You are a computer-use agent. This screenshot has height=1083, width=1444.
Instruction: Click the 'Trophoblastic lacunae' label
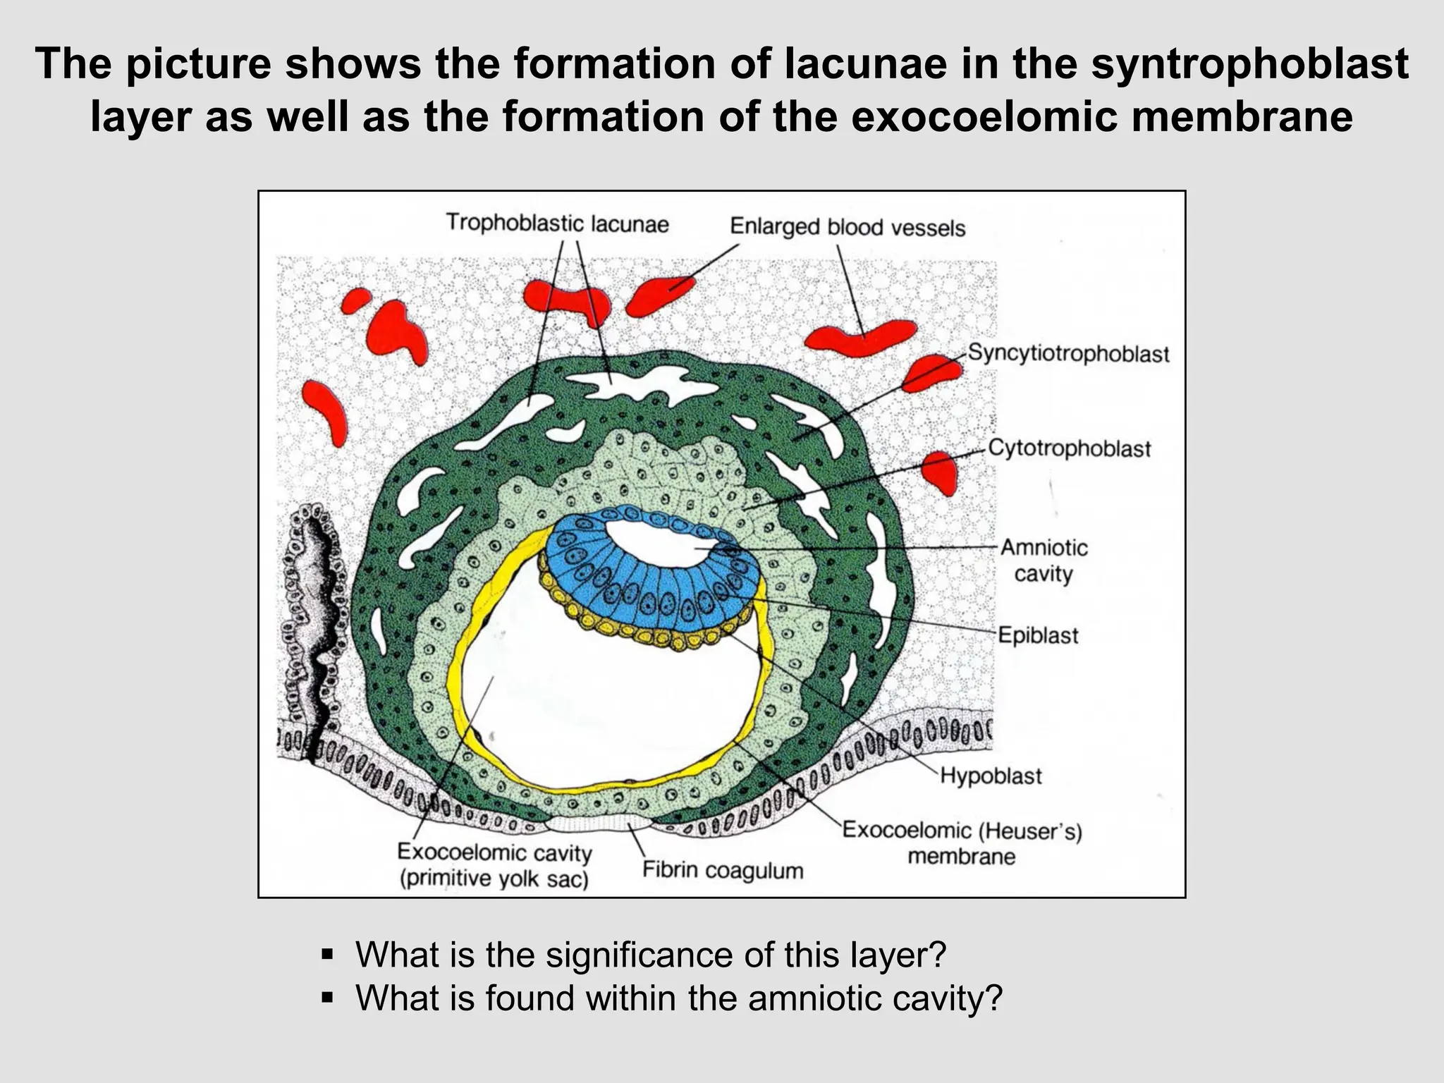point(557,224)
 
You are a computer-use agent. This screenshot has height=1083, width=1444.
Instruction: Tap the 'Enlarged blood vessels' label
point(847,227)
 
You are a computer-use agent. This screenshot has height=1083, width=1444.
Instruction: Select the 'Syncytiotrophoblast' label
point(1067,353)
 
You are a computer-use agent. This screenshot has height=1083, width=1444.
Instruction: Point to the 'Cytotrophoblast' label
point(1069,448)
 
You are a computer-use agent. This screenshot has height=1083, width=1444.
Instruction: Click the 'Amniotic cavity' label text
point(1044,561)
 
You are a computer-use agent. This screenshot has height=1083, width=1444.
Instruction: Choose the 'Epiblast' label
point(1038,635)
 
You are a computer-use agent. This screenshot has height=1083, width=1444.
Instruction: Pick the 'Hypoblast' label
point(991,776)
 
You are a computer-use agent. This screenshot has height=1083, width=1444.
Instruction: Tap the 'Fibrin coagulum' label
point(722,870)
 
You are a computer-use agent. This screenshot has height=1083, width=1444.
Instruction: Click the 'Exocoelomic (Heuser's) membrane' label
point(962,843)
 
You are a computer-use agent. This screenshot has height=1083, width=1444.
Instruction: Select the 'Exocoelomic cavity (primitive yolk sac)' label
point(494,866)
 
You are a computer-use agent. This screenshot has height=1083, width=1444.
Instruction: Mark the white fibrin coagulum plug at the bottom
point(599,823)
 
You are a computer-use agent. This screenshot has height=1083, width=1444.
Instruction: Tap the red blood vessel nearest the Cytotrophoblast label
point(940,471)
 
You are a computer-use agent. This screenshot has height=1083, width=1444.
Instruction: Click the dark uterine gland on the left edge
point(314,620)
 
